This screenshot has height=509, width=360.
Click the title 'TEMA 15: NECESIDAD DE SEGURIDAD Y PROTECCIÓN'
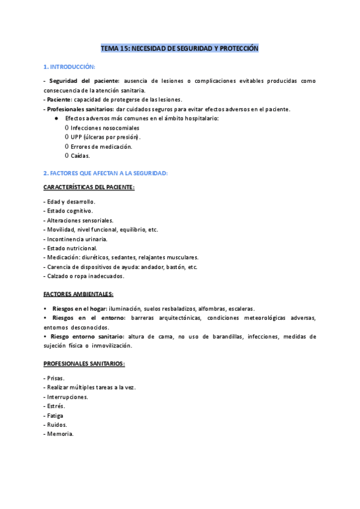(x=179, y=47)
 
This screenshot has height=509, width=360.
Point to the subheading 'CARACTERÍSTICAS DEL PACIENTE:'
(x=89, y=188)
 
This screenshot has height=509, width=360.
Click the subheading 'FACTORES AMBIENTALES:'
(x=79, y=294)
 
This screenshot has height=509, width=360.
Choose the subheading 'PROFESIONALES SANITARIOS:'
(x=84, y=364)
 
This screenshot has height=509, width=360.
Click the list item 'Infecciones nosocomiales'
(x=104, y=128)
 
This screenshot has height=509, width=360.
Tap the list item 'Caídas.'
(x=80, y=156)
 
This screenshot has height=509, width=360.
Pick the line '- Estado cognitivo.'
(x=68, y=211)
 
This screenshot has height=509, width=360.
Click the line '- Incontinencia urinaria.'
(x=76, y=239)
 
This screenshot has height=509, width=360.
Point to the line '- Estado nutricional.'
(x=71, y=248)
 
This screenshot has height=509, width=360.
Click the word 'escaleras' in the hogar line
(x=241, y=308)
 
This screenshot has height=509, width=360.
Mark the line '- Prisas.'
(x=55, y=378)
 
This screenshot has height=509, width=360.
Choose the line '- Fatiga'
(x=53, y=415)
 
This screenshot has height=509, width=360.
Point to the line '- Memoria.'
(x=58, y=434)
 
